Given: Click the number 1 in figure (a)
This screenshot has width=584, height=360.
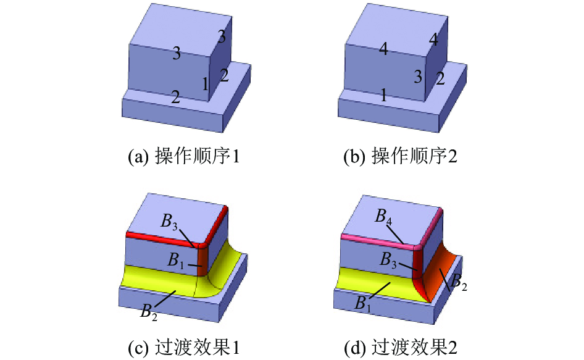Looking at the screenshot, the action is click(x=205, y=84).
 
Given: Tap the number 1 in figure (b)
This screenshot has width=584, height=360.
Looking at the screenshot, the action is click(x=383, y=96).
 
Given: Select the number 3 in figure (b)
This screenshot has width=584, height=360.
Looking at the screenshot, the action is click(x=419, y=77).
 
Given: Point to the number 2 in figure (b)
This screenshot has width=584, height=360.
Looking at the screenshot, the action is click(x=440, y=78).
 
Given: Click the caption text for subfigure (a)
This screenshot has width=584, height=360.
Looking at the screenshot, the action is click(x=183, y=156).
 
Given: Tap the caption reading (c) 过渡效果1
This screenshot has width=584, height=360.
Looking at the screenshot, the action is click(x=183, y=348).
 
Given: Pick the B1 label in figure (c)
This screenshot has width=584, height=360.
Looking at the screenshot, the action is click(x=175, y=259).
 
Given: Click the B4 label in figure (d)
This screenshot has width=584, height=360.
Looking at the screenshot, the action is click(x=383, y=216).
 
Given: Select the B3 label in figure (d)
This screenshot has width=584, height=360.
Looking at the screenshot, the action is click(x=388, y=260).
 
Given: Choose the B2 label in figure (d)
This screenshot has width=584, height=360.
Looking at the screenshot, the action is click(x=459, y=282).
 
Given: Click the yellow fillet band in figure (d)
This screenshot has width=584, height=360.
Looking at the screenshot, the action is click(x=372, y=282).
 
